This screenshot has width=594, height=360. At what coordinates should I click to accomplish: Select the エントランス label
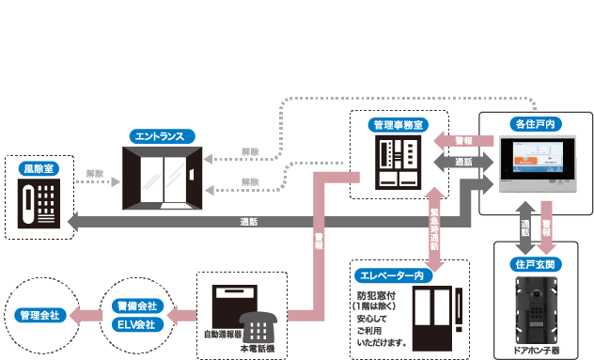tap(159, 136)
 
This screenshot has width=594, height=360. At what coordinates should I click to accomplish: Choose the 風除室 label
tap(39, 168)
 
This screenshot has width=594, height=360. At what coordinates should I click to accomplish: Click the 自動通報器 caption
tap(224, 334)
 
